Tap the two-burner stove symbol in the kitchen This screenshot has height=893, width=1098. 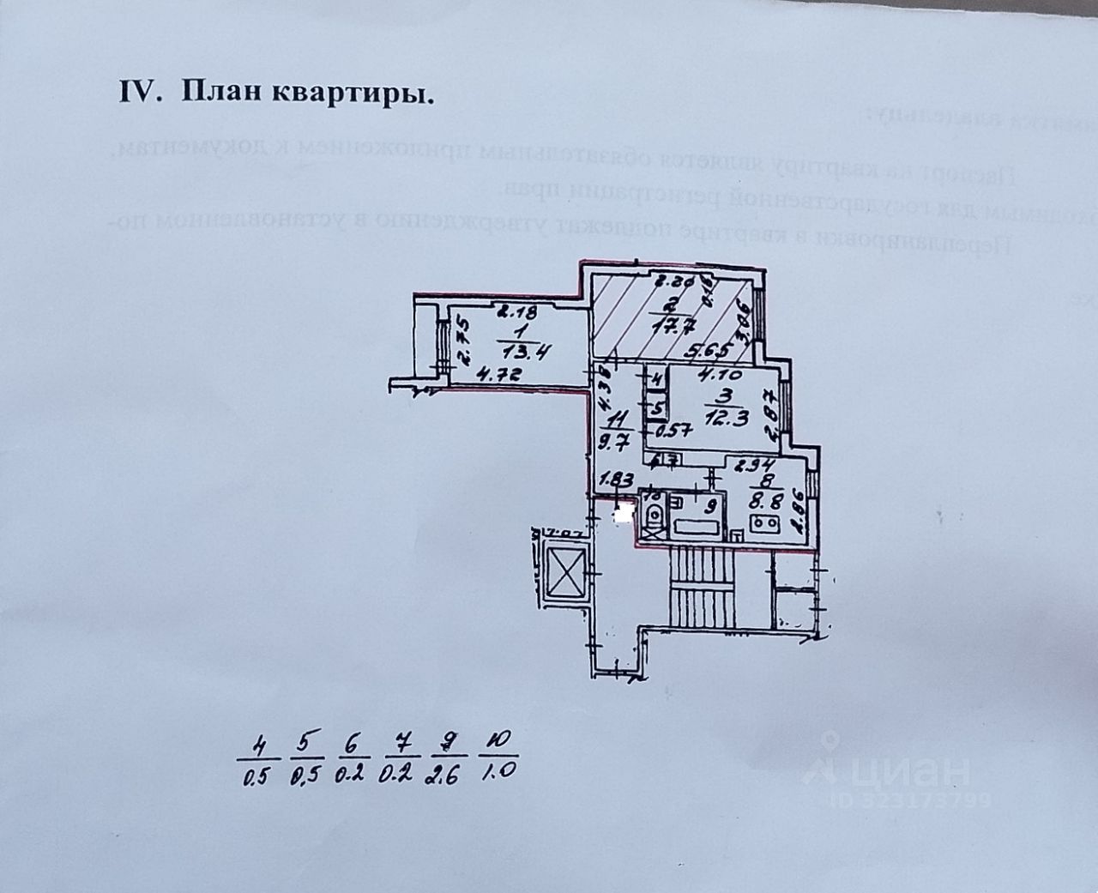point(763,522)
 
